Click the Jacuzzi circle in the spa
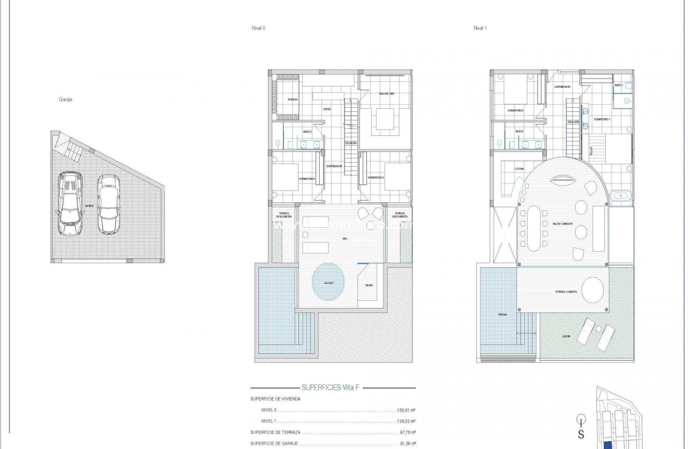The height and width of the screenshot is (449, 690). tap(329, 282)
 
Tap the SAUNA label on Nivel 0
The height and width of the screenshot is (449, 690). tap(369, 285)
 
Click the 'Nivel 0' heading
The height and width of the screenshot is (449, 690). tap(258, 28)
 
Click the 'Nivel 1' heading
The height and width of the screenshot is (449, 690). tap(480, 28)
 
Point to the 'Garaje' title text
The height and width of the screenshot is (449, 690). tap(65, 99)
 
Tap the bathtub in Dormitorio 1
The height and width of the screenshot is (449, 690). tap(620, 196)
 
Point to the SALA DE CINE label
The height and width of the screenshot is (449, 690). tap(386, 94)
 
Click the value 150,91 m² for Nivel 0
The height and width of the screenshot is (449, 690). tap(405, 410)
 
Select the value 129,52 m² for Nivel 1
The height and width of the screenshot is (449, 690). tap(405, 421)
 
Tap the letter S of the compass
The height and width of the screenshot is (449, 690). tap(581, 434)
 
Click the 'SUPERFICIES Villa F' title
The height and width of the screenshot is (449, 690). tap(332, 388)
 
